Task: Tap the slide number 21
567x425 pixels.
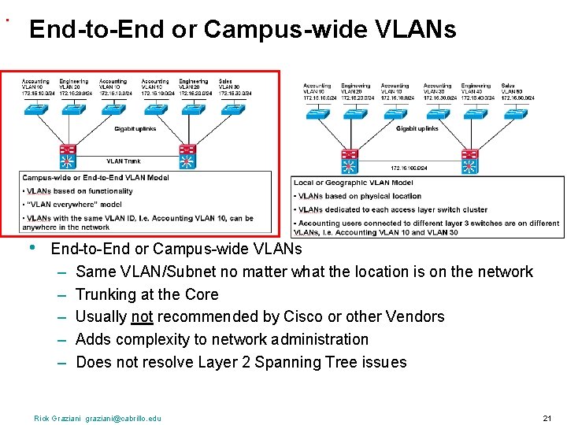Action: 547,419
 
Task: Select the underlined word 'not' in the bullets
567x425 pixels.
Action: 143,316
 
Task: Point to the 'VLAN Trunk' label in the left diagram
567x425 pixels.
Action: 124,162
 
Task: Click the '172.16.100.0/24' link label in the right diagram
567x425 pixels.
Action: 409,168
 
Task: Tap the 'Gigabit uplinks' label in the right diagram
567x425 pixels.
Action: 417,128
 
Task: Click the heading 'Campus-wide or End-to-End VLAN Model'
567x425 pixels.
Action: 95,178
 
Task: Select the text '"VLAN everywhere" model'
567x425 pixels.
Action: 75,205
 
